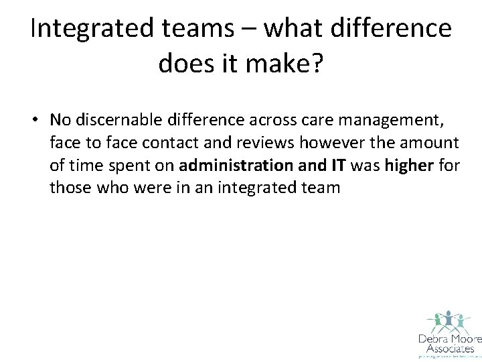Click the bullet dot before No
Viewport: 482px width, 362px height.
click(39, 120)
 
